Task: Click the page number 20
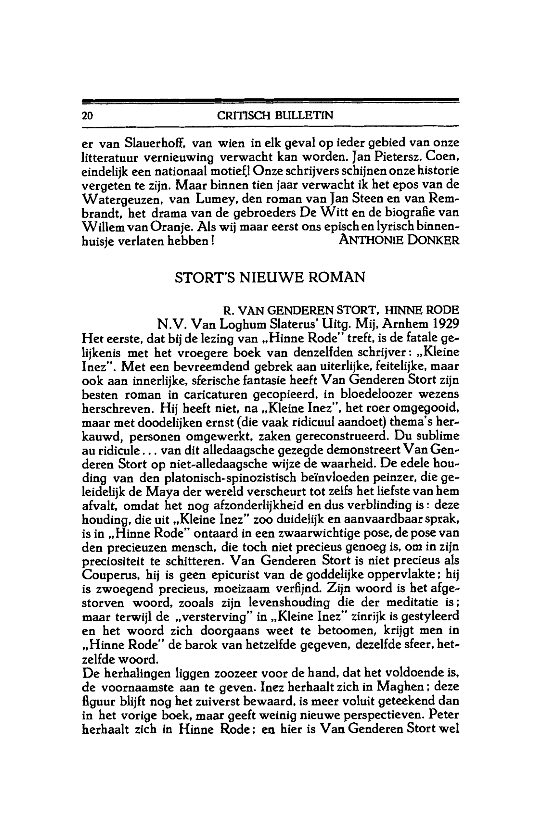(x=87, y=116)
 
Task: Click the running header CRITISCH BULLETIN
(x=270, y=116)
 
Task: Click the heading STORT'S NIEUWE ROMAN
(x=270, y=277)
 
